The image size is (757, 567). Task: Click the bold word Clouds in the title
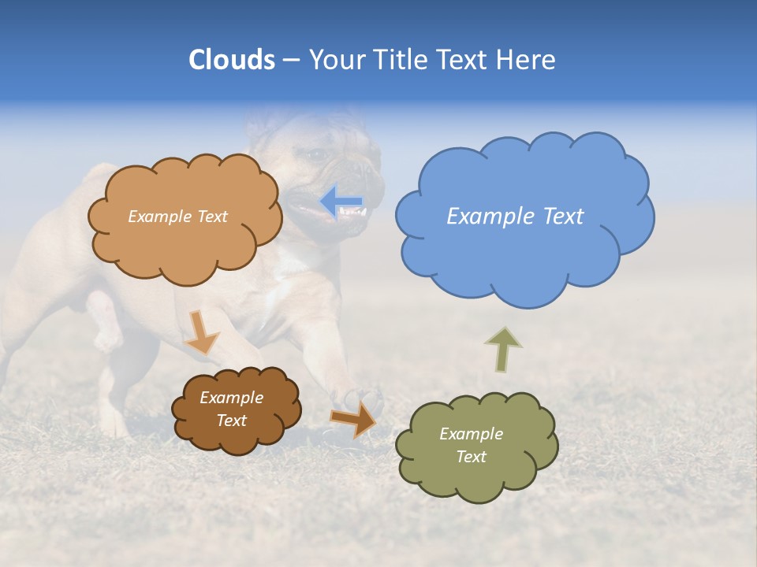(x=231, y=60)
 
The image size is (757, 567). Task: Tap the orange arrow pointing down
(x=202, y=332)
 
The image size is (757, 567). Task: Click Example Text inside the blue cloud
(x=515, y=217)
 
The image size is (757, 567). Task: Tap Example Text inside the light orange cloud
(x=177, y=217)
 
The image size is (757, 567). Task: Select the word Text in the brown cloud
(x=231, y=421)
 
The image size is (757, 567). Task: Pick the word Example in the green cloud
(x=471, y=434)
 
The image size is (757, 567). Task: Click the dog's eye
(x=319, y=155)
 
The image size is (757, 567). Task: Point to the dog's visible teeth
(x=353, y=213)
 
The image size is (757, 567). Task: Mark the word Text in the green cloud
(x=471, y=457)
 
